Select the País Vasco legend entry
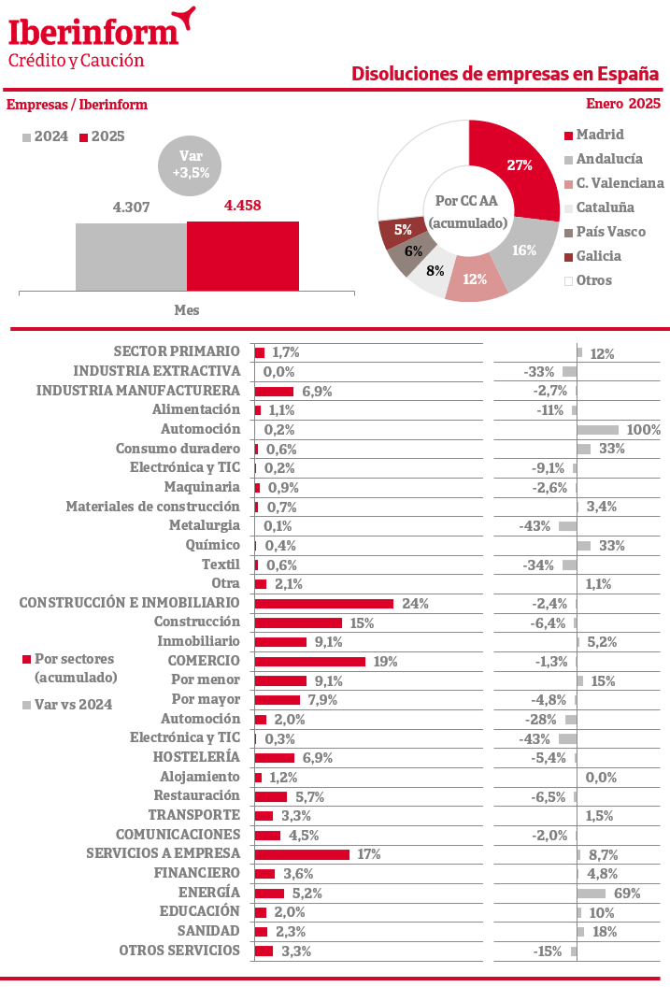tap(610, 232)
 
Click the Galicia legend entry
tap(598, 256)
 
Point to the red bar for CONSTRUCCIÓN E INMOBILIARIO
tap(324, 603)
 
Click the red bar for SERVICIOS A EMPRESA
tap(302, 854)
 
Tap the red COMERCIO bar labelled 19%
tap(310, 661)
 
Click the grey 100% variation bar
tap(598, 429)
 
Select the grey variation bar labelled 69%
tap(592, 893)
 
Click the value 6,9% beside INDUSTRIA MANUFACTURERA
tap(316, 391)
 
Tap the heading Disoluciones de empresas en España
tap(505, 74)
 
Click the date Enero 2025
tap(623, 104)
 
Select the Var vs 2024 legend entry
tap(72, 705)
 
